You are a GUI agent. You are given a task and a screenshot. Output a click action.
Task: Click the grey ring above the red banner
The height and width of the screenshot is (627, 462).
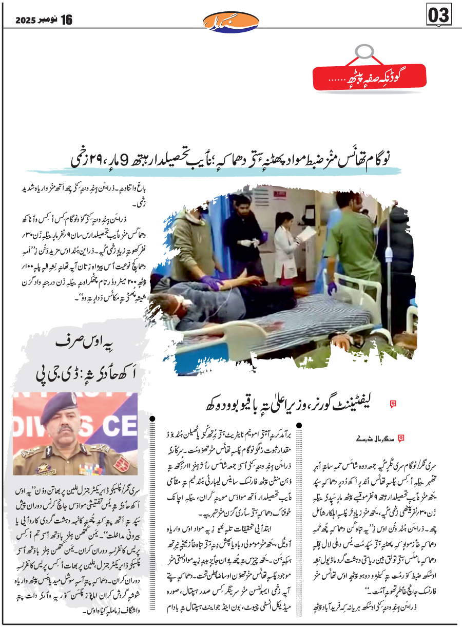364,51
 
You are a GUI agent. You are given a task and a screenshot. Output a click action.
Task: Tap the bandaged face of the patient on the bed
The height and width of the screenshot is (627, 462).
181,304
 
